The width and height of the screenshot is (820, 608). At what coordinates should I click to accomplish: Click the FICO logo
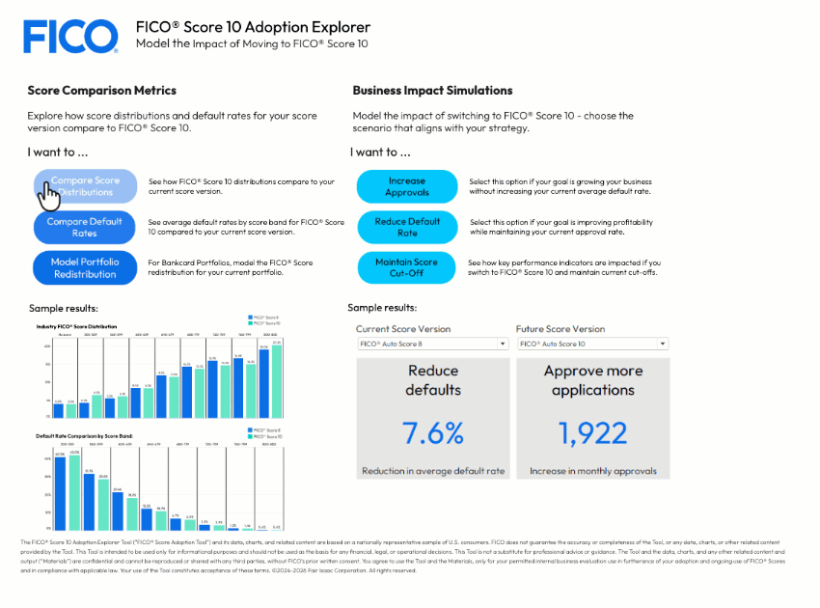(x=70, y=37)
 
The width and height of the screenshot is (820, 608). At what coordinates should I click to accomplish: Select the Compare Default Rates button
(x=85, y=227)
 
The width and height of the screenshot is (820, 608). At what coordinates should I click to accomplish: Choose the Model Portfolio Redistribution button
(x=85, y=267)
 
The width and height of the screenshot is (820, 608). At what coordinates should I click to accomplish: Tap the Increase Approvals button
(x=406, y=186)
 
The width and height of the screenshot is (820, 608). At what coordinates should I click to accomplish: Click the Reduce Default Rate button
(x=406, y=227)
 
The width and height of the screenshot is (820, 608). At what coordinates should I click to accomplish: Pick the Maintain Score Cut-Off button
(x=406, y=267)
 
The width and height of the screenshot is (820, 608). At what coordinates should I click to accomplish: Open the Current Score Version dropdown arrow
(x=503, y=344)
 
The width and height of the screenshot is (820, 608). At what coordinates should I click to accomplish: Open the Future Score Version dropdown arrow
(x=662, y=344)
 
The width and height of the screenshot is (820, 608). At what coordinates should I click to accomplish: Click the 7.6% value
(x=433, y=433)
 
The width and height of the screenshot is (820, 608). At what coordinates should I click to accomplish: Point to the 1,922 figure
(x=592, y=433)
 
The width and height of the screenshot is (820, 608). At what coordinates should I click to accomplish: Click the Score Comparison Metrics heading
(x=101, y=91)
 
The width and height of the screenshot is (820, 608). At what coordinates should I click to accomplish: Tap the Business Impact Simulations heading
(x=432, y=91)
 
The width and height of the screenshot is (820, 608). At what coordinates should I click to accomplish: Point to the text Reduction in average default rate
(x=433, y=471)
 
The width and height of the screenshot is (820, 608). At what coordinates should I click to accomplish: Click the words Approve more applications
(x=592, y=380)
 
